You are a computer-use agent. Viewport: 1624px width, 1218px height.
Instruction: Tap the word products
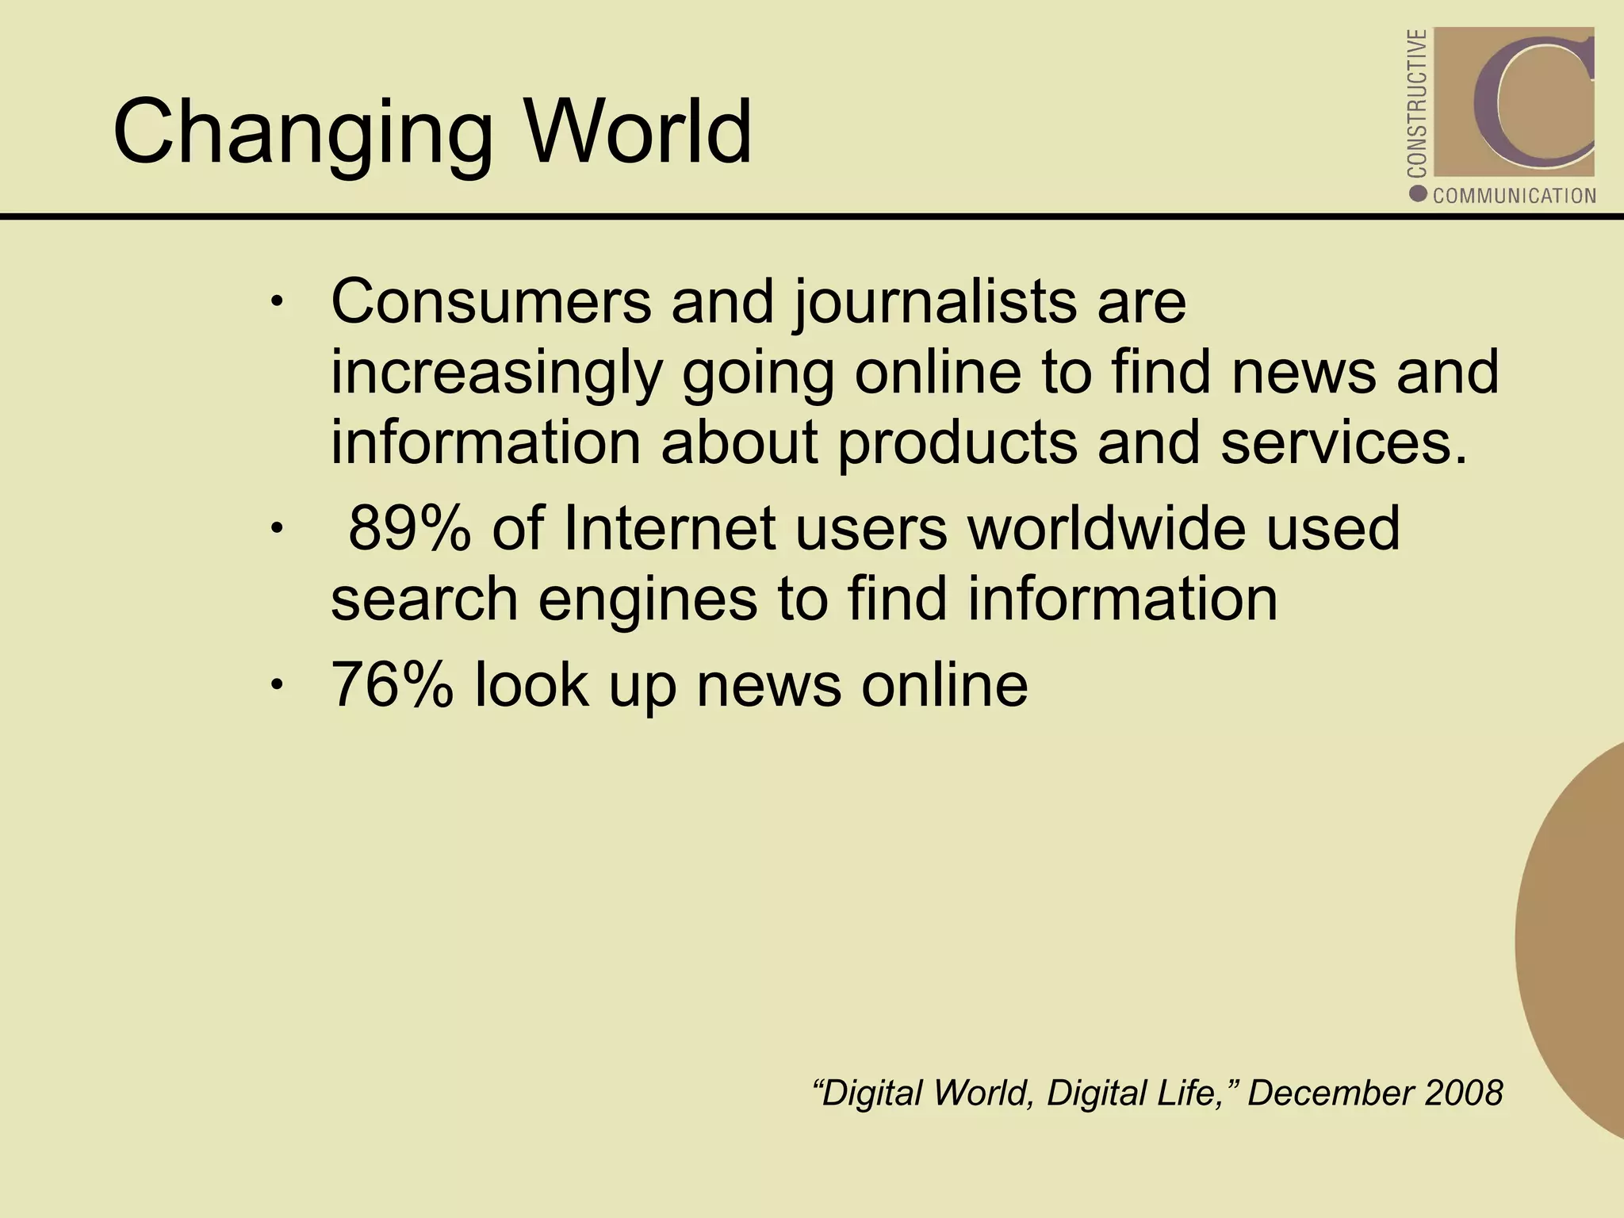[957, 443]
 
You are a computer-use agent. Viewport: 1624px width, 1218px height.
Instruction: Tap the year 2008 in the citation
[1463, 1093]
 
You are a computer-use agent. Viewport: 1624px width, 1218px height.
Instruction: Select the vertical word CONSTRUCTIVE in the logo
[1418, 103]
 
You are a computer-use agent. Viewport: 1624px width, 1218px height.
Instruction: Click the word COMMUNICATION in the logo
[1514, 196]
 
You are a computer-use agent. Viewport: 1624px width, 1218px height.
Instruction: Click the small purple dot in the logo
[1419, 193]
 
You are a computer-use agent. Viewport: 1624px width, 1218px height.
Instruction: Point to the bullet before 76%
[275, 684]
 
